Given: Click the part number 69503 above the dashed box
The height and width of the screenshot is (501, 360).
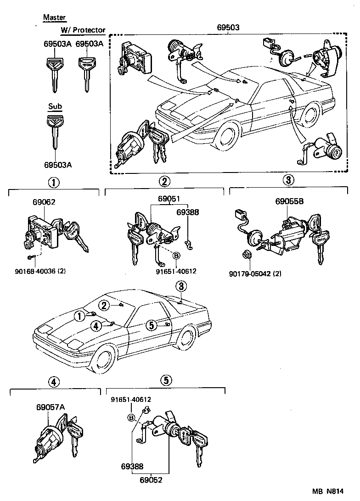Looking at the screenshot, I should [x=228, y=28].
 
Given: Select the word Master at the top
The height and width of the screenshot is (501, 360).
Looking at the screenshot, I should [x=55, y=18].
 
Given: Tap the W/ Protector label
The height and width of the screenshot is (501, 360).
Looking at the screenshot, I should [x=83, y=30].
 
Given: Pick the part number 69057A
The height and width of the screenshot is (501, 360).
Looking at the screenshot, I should [x=51, y=407].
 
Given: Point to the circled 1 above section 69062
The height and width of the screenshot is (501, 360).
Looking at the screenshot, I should [x=54, y=183].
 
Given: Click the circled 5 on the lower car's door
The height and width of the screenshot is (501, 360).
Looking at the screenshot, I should [x=151, y=325].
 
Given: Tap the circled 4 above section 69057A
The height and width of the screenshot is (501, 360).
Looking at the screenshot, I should [x=54, y=382].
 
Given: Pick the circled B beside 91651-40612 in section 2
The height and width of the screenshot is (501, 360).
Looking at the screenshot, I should [x=176, y=255].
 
